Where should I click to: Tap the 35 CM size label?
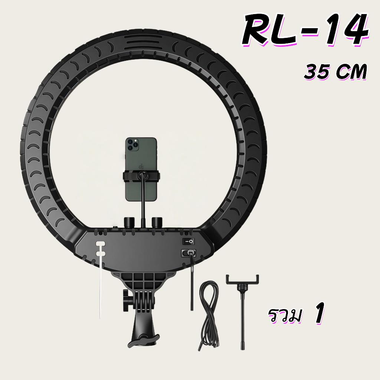pos(335,72)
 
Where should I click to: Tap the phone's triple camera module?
pos(132,145)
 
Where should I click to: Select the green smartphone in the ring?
pos(141,169)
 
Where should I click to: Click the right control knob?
pos(157,222)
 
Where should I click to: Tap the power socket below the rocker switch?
pos(188,253)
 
